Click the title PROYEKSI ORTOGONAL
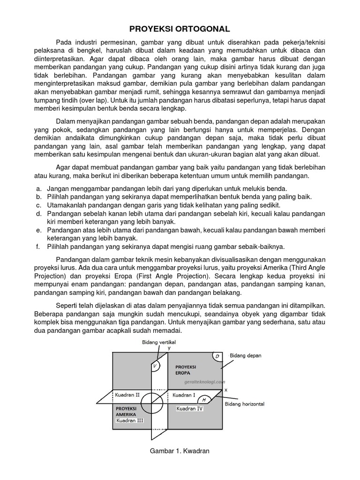point(180,29)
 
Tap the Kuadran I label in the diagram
point(184,395)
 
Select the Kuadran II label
point(127,395)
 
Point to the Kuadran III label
point(130,420)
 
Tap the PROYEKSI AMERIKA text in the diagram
point(126,412)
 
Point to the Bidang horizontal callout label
point(245,404)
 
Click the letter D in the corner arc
point(217,357)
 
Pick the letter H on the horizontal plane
point(204,400)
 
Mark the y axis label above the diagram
point(169,348)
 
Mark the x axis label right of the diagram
point(225,390)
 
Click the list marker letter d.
point(37,213)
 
